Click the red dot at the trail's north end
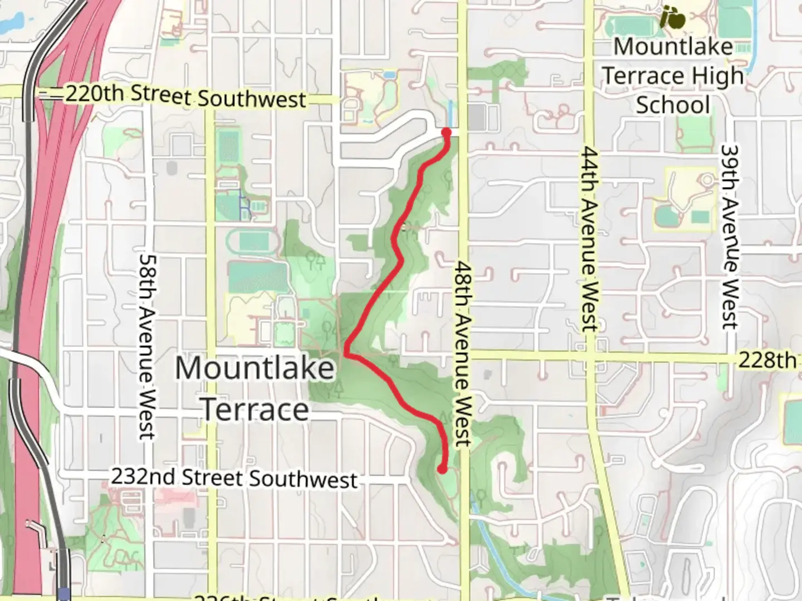click(x=446, y=132)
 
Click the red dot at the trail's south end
click(x=442, y=469)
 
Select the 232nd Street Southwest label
click(x=234, y=478)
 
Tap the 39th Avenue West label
click(x=729, y=237)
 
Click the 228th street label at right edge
click(x=767, y=360)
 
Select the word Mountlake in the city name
click(x=255, y=368)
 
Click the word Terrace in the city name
click(x=255, y=410)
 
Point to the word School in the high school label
click(x=673, y=105)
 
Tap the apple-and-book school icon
click(x=672, y=18)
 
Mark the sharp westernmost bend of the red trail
click(x=346, y=353)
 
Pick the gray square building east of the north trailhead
click(x=477, y=117)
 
